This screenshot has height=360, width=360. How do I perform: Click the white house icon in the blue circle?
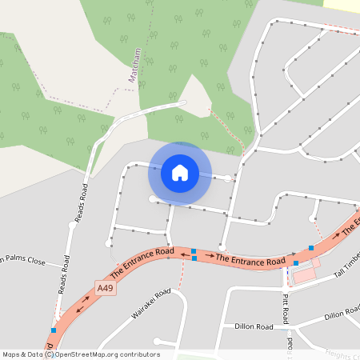(180, 173)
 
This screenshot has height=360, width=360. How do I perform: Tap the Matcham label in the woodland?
(134, 65)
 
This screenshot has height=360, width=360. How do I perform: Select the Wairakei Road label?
(151, 304)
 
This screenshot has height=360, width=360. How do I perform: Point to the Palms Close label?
(24, 260)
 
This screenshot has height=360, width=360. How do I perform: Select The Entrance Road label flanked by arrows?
(250, 260)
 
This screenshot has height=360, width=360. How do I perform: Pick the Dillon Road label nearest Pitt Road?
(254, 326)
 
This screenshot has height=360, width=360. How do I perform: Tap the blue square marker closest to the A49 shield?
(53, 330)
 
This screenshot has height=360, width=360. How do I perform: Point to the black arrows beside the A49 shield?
(82, 306)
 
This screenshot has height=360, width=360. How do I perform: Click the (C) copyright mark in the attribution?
(49, 354)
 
